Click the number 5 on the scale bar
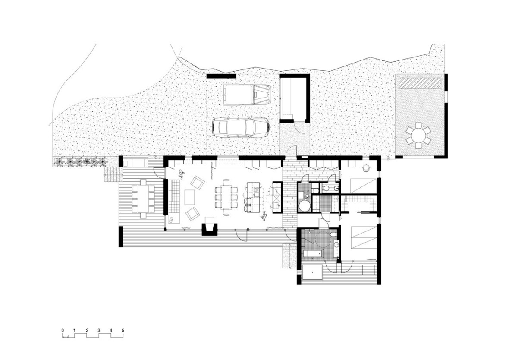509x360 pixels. tap(123, 331)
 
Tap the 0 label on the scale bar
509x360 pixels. tap(63, 331)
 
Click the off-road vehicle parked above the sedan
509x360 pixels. tap(246, 95)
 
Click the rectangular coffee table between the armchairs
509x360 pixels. tap(190, 197)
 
